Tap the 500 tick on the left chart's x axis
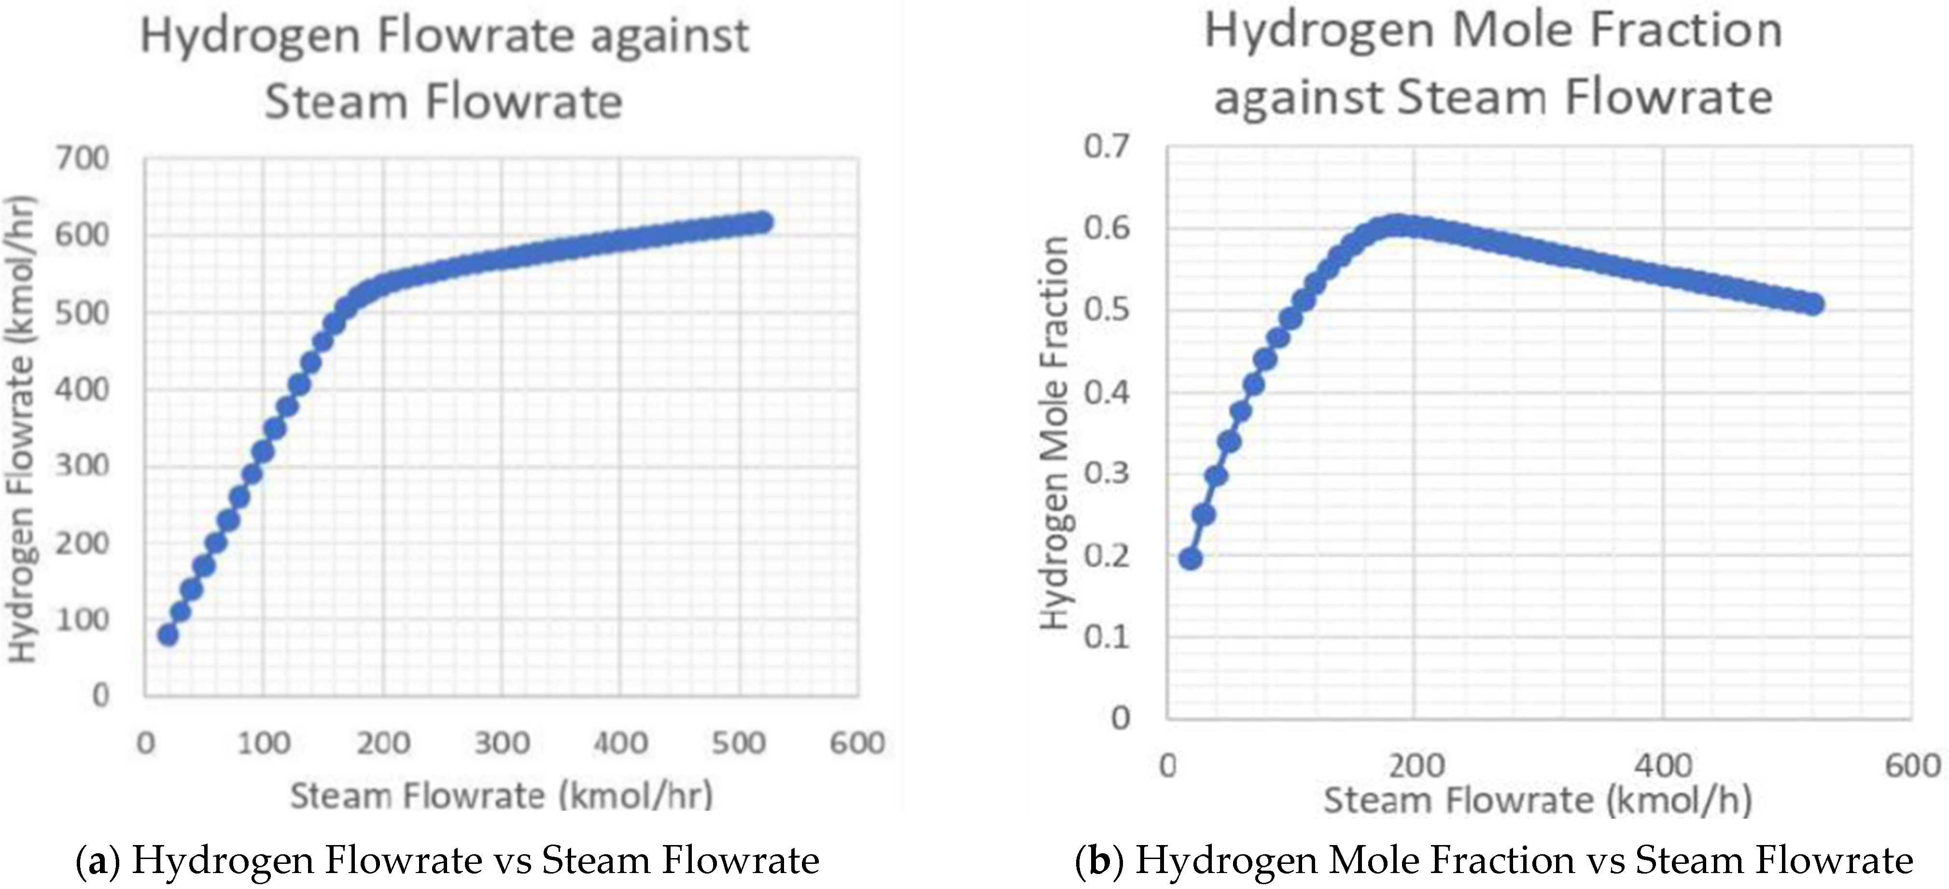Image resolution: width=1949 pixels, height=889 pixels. point(739,743)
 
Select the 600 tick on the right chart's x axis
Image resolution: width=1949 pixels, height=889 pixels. point(1912,766)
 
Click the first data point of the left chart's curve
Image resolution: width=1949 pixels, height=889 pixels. point(168,635)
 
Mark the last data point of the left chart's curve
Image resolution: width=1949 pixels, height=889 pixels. point(762,223)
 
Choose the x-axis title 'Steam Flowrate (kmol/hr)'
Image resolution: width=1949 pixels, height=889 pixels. point(501,796)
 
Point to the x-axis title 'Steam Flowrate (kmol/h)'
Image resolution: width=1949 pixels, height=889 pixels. point(1537,801)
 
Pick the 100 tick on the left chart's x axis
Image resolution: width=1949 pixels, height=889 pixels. point(263,743)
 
